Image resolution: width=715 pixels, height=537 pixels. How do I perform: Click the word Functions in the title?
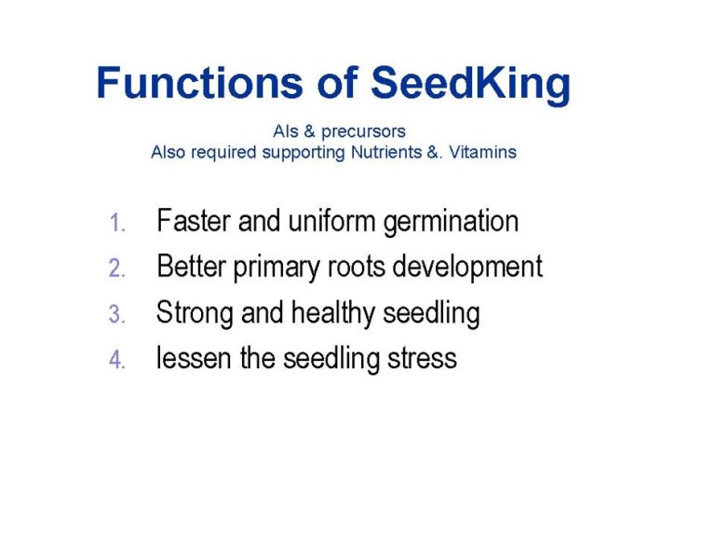click(x=200, y=83)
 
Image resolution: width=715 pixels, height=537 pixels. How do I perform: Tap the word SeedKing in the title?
click(x=470, y=86)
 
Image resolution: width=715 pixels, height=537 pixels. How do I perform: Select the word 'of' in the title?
click(x=337, y=83)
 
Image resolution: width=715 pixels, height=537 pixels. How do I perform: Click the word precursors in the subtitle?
click(x=363, y=132)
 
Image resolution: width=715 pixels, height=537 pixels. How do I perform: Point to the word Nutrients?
click(x=386, y=152)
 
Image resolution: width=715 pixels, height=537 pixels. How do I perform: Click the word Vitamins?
click(x=482, y=152)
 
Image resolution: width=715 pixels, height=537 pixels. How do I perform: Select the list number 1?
click(x=117, y=224)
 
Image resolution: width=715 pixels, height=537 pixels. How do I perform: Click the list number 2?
click(x=117, y=268)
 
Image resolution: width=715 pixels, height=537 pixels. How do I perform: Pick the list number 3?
click(x=117, y=314)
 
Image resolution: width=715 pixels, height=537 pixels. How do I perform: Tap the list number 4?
click(x=117, y=359)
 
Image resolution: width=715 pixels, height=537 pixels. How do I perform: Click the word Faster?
click(x=194, y=221)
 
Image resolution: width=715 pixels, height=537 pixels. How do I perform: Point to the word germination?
click(x=451, y=223)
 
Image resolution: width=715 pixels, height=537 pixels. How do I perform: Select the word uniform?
click(x=331, y=221)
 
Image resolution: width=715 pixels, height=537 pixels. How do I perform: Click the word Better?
click(x=192, y=266)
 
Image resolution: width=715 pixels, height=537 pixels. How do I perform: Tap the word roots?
click(x=357, y=267)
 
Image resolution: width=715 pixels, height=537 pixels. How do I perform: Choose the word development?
click(x=467, y=268)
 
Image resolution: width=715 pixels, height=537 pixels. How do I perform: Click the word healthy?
click(x=333, y=314)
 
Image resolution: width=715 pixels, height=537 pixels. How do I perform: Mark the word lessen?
click(x=194, y=358)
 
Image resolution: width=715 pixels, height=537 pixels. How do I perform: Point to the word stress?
click(x=423, y=359)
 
